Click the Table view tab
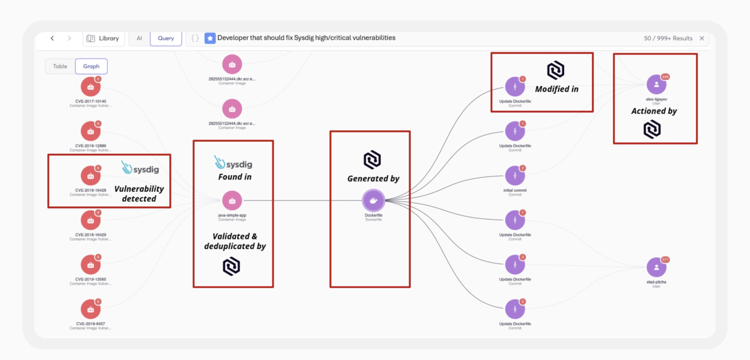[x=60, y=66]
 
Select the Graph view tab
[x=91, y=66]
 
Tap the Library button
[x=103, y=39]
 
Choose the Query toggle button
[x=166, y=39]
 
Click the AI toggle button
[x=139, y=39]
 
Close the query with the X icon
[x=702, y=39]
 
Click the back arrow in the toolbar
[x=52, y=39]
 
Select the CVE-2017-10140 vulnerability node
[x=91, y=87]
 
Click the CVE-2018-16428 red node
[x=91, y=176]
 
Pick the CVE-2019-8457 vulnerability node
[x=91, y=309]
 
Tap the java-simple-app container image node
[x=232, y=201]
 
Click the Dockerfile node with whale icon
[x=373, y=200]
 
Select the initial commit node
[x=515, y=176]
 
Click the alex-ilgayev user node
[x=656, y=85]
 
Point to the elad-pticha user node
[x=656, y=267]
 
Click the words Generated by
[x=373, y=179]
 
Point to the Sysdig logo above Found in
[x=233, y=163]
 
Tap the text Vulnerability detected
[x=139, y=193]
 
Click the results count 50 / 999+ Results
[x=668, y=39]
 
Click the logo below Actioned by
[x=652, y=130]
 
